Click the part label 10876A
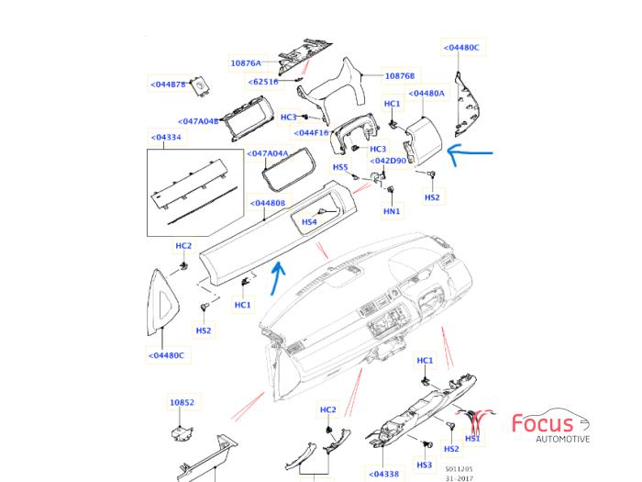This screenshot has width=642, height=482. point(245,63)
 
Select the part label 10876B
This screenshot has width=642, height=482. point(400,76)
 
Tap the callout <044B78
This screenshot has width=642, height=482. point(168,84)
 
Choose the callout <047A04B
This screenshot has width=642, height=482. point(199,120)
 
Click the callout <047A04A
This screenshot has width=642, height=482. point(270,153)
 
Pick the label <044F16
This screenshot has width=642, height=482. point(309,132)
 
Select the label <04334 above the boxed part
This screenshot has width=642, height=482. point(165,138)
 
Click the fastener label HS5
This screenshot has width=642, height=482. point(340,167)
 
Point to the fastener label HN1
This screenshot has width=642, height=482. point(392,211)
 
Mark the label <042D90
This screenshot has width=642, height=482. point(388,161)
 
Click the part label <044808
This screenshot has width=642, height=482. point(268,203)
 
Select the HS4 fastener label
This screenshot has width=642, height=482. point(310,222)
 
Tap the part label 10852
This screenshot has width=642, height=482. point(182,402)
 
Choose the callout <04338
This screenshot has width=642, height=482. point(383,475)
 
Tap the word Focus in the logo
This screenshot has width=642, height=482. point(542,423)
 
